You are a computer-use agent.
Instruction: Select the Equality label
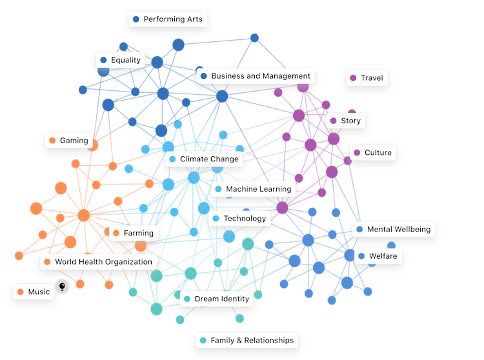pyautogui.click(x=120, y=60)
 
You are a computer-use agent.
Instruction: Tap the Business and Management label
pyautogui.click(x=255, y=75)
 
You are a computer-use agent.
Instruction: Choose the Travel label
pyautogui.click(x=366, y=78)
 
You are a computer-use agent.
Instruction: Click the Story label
pyautogui.click(x=345, y=120)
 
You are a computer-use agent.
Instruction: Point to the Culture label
pyautogui.click(x=372, y=152)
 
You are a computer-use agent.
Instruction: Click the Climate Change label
pyautogui.click(x=203, y=159)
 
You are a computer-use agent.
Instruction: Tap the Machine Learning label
pyautogui.click(x=252, y=189)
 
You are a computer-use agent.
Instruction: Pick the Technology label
pyautogui.click(x=239, y=219)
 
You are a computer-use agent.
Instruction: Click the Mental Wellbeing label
pyautogui.click(x=393, y=229)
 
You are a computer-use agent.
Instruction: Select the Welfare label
pyautogui.click(x=377, y=256)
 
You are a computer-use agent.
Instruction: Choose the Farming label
pyautogui.click(x=133, y=233)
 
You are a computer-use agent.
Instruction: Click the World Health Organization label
pyautogui.click(x=98, y=262)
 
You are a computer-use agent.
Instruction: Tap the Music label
pyautogui.click(x=33, y=292)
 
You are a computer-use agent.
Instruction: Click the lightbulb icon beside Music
pyautogui.click(x=62, y=285)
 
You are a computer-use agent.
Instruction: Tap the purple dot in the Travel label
pyautogui.click(x=352, y=78)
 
